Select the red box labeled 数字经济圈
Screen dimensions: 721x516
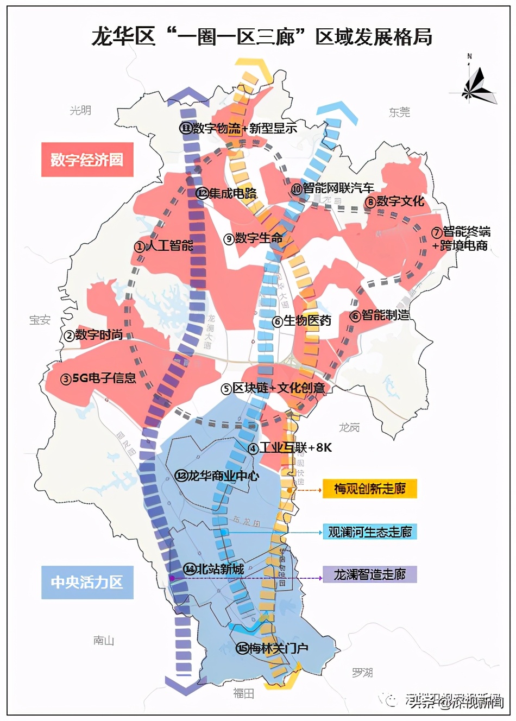pyautogui.click(x=87, y=160)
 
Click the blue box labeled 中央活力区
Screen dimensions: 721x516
pyautogui.click(x=87, y=583)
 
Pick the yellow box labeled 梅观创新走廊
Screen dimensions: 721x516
pyautogui.click(x=369, y=489)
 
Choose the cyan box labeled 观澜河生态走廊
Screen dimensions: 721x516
pyautogui.click(x=369, y=532)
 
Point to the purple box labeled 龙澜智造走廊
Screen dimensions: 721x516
pyautogui.click(x=369, y=574)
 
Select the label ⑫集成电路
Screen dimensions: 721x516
pyautogui.click(x=226, y=193)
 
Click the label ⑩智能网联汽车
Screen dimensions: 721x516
pyautogui.click(x=332, y=188)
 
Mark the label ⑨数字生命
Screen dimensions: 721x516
pyautogui.click(x=253, y=238)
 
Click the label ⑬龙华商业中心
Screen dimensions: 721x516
pyautogui.click(x=217, y=476)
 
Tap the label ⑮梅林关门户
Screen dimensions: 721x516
pyautogui.click(x=272, y=648)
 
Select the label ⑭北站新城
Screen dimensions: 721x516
pyautogui.click(x=213, y=569)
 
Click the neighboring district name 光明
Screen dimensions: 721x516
pyautogui.click(x=80, y=110)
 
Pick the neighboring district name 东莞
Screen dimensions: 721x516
pyautogui.click(x=399, y=112)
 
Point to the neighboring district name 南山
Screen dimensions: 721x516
pyautogui.click(x=103, y=641)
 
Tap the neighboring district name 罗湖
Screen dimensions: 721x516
pyautogui.click(x=362, y=673)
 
